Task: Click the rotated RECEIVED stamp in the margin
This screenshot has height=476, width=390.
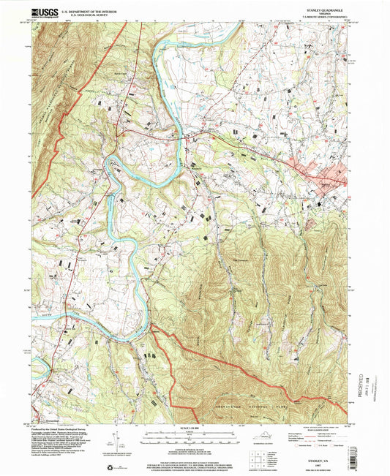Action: [x=361, y=382]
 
